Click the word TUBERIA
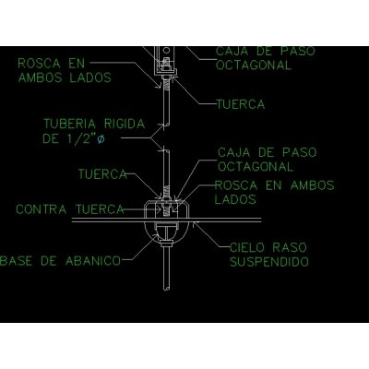[69, 124]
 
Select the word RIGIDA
[125, 124]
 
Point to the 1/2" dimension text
[79, 139]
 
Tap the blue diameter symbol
[101, 139]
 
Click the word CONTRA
[42, 209]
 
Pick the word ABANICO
[93, 261]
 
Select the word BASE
[16, 261]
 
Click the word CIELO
[247, 247]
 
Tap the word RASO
[290, 247]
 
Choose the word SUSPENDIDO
[269, 262]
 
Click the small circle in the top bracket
[166, 50]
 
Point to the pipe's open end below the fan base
[166, 288]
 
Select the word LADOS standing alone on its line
[235, 199]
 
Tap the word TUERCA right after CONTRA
[100, 209]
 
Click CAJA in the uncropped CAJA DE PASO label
[234, 152]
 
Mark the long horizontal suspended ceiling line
[166, 220]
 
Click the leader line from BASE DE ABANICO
[144, 247]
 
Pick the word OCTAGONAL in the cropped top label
[254, 65]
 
